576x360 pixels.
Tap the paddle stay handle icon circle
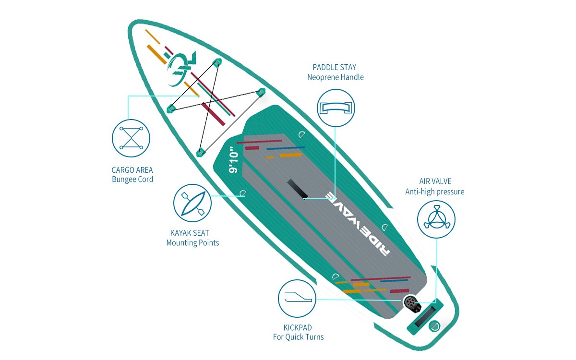coord(336,108)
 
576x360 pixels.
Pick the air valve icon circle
coord(436,219)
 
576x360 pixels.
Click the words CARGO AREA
coord(132,170)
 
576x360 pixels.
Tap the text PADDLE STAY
coord(335,67)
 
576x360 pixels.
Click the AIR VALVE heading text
coord(435,182)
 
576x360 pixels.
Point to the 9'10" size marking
coord(235,165)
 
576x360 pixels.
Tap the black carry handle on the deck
coord(297,189)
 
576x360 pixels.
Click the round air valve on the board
coord(410,302)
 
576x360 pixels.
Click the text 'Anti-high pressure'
coord(435,192)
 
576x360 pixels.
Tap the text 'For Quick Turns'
coord(299,337)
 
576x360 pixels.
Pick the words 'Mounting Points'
coord(193,243)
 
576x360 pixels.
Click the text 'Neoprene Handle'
coord(336,77)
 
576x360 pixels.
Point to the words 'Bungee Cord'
coord(132,180)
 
